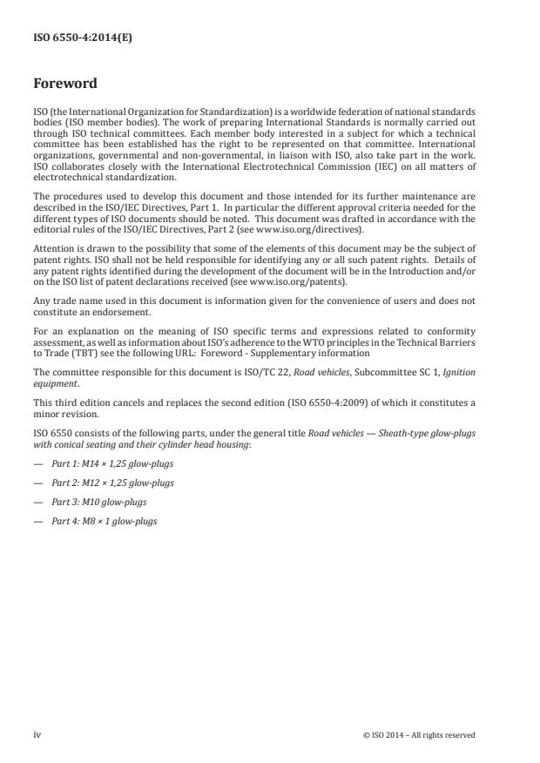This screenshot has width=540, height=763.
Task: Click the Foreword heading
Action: pyautogui.click(x=64, y=84)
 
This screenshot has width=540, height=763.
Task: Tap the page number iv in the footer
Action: pyautogui.click(x=37, y=734)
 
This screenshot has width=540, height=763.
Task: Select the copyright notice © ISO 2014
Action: pyautogui.click(x=418, y=734)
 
